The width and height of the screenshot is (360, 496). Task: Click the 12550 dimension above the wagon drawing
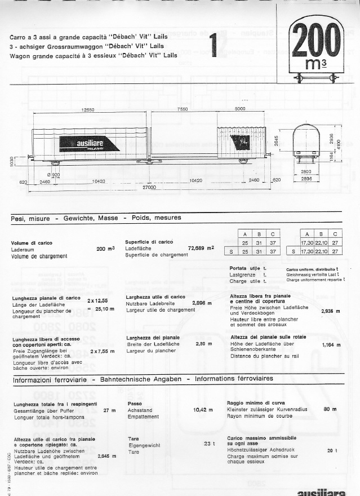(87, 109)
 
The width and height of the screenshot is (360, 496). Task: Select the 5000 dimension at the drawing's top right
(240, 109)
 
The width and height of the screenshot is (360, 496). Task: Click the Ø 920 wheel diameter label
(54, 175)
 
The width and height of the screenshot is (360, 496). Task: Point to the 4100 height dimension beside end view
(338, 144)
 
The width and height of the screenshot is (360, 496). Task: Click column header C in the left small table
(273, 234)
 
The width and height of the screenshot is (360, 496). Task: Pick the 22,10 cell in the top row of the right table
(320, 242)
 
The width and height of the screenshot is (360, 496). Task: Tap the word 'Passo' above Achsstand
(134, 404)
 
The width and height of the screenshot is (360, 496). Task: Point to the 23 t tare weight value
(210, 444)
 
